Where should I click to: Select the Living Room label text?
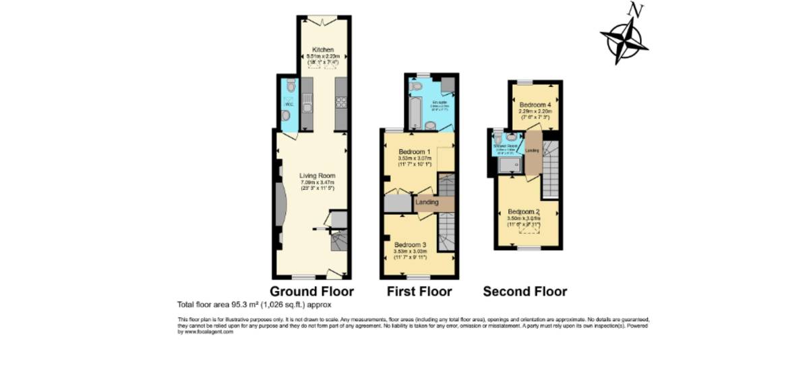317,176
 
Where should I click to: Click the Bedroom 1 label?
414,151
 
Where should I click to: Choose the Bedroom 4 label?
536,105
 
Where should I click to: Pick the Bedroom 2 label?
524,211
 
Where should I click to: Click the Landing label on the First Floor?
427,202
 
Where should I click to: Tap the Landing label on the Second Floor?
532,150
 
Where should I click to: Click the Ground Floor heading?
312,292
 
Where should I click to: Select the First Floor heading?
419,292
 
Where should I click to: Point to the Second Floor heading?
525,292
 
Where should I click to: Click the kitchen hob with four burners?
340,103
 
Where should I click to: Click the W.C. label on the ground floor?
288,105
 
